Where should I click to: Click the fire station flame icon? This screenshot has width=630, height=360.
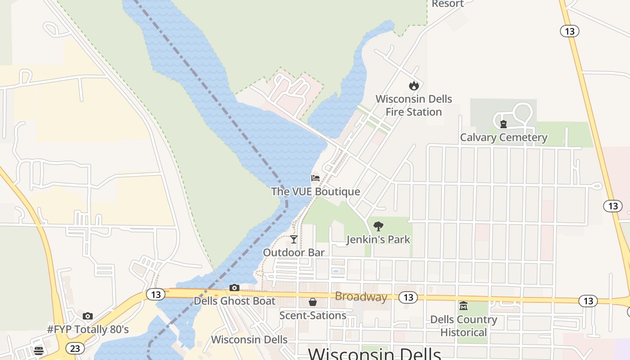(x=414, y=85)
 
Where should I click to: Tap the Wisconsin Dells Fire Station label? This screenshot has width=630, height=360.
(x=414, y=105)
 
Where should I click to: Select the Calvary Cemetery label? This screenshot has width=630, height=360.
(x=504, y=138)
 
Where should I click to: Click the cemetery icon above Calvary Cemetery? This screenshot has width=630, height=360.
(x=504, y=124)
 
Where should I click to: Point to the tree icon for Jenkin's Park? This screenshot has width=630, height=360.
(x=378, y=226)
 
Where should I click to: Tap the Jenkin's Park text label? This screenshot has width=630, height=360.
(x=378, y=239)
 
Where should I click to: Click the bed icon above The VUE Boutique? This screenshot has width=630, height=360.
(x=315, y=178)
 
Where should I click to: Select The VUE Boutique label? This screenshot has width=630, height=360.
(x=315, y=192)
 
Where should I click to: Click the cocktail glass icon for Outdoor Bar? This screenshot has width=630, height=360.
(x=294, y=239)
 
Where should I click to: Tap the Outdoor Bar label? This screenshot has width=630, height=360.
(x=294, y=252)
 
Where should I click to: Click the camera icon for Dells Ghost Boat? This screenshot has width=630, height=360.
(x=234, y=288)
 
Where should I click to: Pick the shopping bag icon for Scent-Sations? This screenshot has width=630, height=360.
(x=313, y=302)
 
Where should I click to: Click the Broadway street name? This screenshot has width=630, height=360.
(x=361, y=297)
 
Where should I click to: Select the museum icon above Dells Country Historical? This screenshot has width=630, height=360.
(x=463, y=306)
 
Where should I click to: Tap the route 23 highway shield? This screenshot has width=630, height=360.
(x=75, y=348)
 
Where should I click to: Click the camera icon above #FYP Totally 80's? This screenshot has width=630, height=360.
(x=88, y=316)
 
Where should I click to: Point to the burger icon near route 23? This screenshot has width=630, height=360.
(x=39, y=351)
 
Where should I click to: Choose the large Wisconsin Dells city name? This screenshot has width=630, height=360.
(x=374, y=354)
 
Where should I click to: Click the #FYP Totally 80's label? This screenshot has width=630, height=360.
(x=88, y=329)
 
